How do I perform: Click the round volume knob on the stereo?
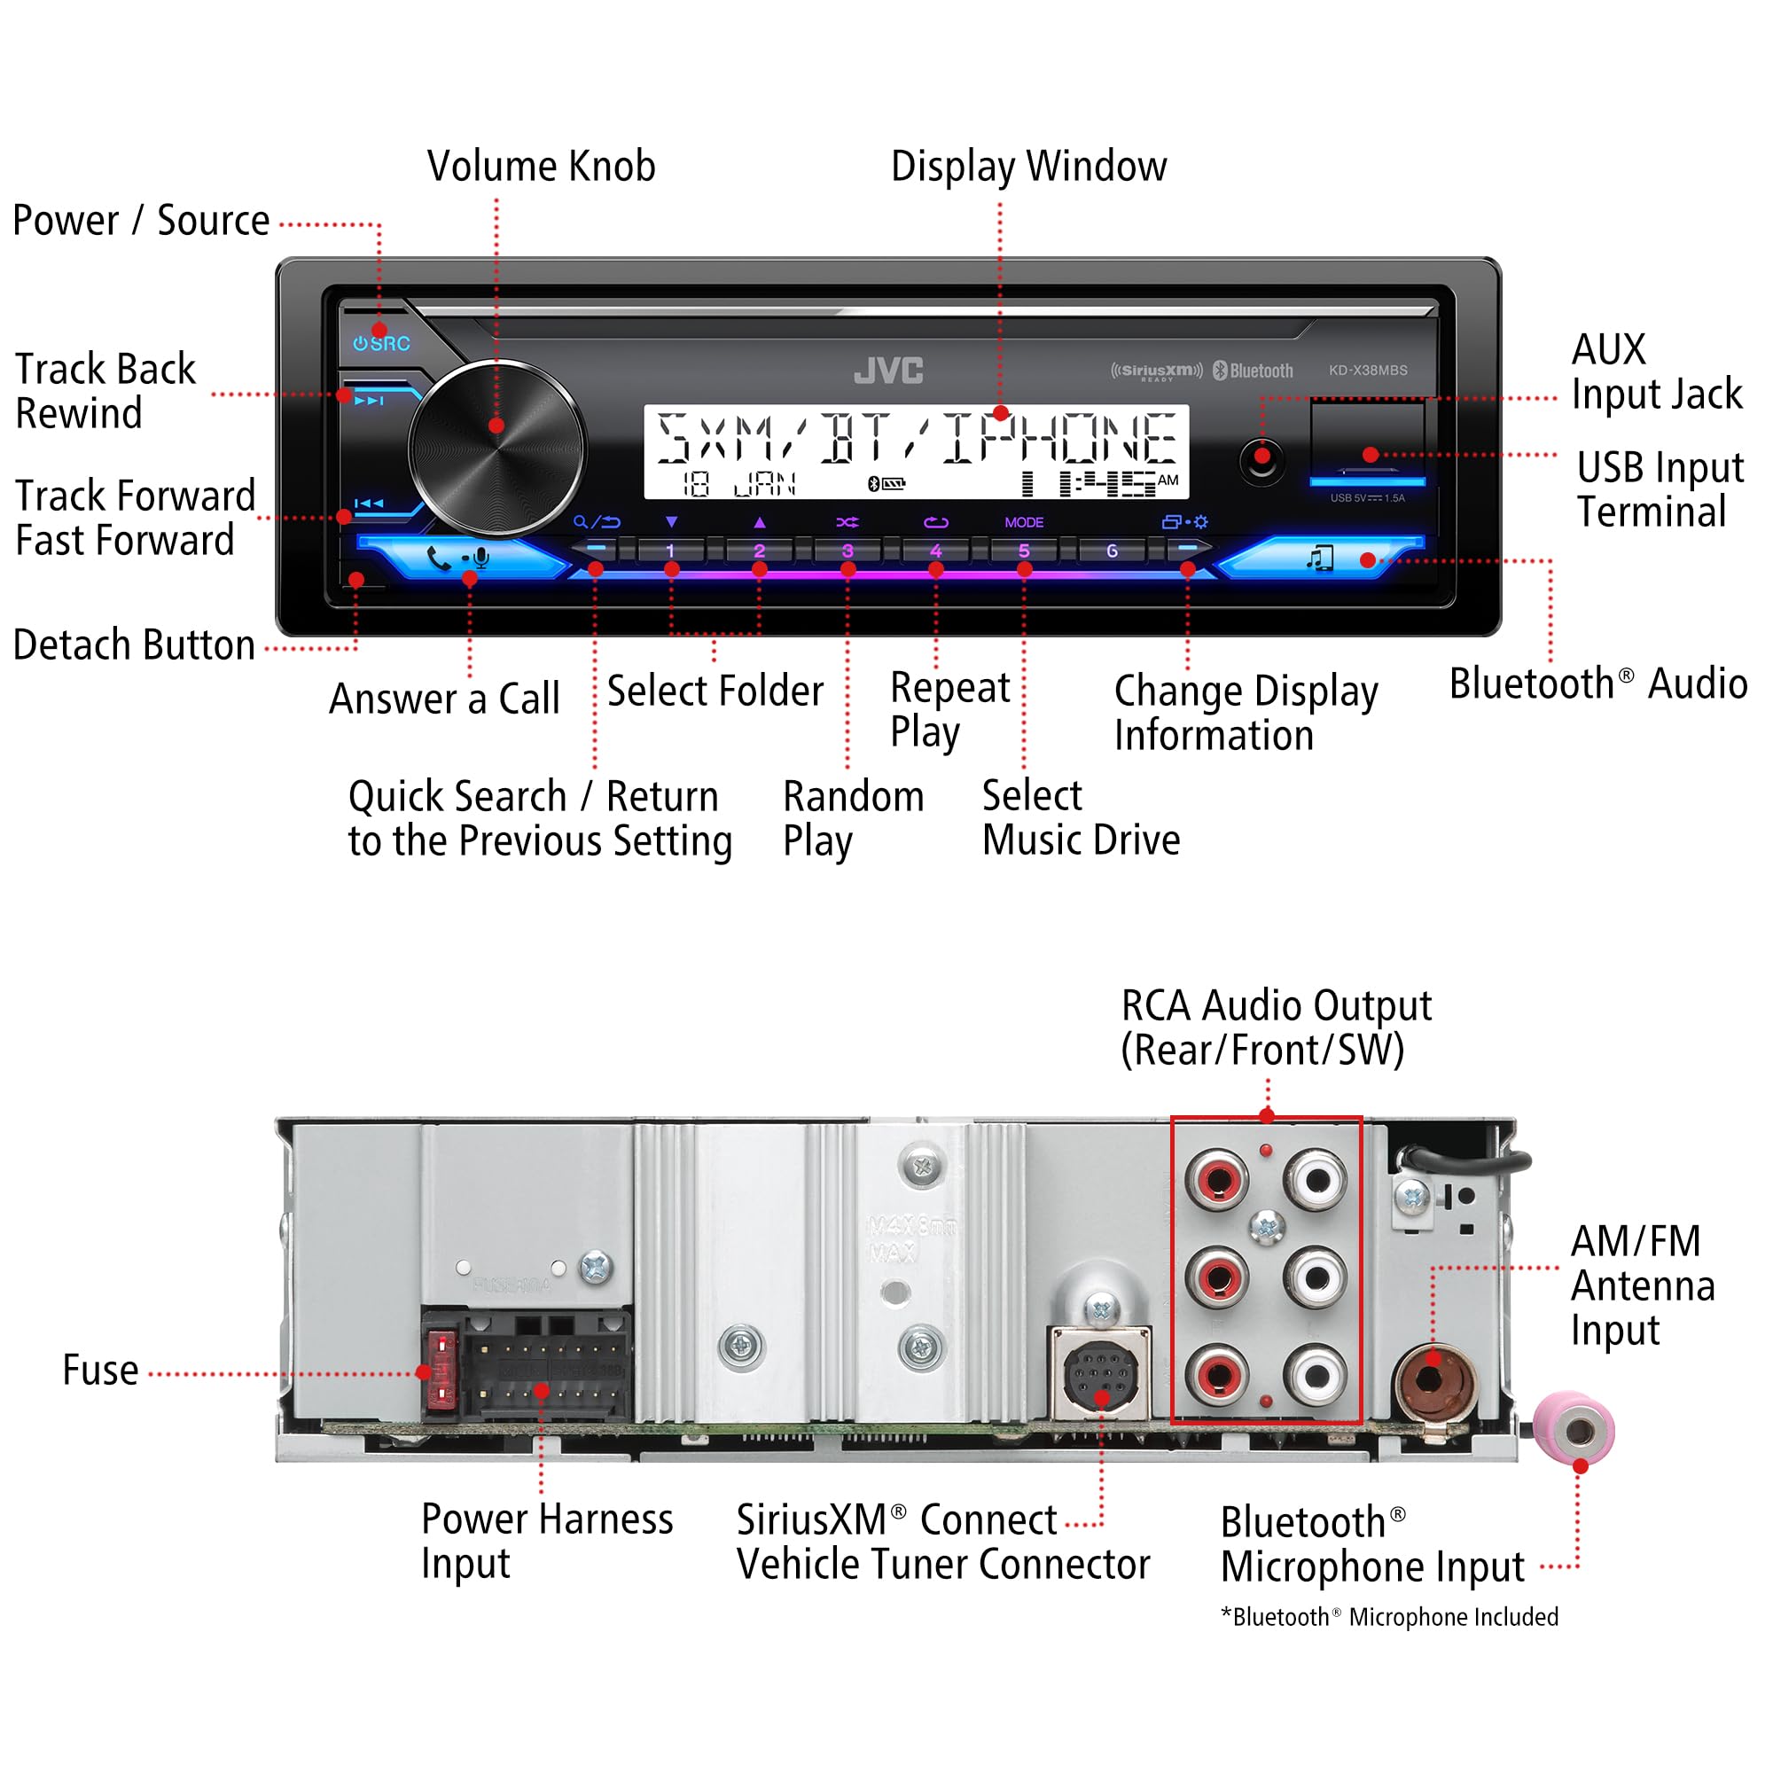[496, 448]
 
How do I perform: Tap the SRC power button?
[382, 343]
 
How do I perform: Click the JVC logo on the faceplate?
[887, 370]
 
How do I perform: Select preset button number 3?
[847, 551]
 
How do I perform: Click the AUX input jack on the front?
[1261, 459]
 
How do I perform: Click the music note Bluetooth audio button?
[1320, 558]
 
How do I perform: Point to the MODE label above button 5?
[1024, 522]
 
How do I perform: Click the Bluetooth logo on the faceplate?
[1254, 370]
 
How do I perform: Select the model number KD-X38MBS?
[1367, 370]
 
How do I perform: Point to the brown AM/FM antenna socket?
[1433, 1379]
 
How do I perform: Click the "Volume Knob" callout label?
[542, 166]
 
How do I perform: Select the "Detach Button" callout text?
[134, 645]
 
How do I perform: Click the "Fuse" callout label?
[100, 1371]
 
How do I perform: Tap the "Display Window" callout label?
[1028, 166]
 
